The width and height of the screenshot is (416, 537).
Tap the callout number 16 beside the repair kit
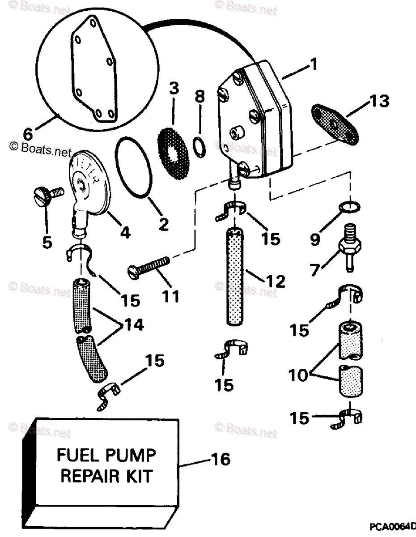click(219, 460)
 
